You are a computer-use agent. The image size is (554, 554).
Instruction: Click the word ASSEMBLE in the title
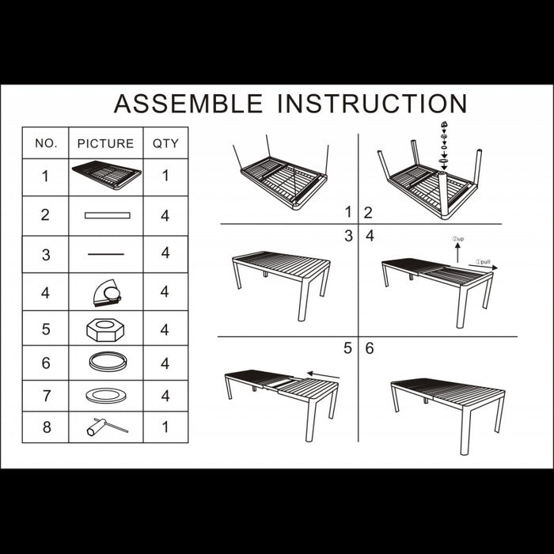tap(188, 104)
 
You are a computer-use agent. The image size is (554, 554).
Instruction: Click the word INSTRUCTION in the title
tap(373, 104)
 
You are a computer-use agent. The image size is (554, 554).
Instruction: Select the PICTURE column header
tap(105, 143)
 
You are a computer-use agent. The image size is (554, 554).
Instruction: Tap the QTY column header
tap(165, 143)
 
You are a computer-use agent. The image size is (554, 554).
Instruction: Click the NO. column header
tap(46, 143)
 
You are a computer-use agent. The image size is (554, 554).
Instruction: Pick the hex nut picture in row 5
tap(105, 330)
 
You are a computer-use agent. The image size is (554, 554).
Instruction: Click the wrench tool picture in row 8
tap(107, 427)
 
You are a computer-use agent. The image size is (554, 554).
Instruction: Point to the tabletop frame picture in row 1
tap(107, 175)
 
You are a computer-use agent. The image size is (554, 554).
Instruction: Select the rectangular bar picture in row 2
tap(108, 215)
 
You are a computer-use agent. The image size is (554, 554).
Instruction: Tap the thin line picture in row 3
tap(106, 254)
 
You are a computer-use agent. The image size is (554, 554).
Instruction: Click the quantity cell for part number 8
tap(165, 427)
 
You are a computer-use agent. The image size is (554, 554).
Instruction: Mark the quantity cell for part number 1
tap(165, 176)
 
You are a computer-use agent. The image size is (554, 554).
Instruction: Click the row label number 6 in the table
tap(46, 363)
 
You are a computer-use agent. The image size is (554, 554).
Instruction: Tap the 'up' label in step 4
tap(458, 239)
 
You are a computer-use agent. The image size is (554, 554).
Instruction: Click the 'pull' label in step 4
tap(483, 262)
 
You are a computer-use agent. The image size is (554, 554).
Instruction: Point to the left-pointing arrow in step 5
tap(323, 375)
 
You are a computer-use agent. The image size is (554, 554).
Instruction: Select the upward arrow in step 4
tap(457, 253)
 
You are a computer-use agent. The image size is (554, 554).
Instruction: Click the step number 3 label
tap(349, 236)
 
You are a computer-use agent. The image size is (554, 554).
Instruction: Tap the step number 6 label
tap(370, 348)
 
